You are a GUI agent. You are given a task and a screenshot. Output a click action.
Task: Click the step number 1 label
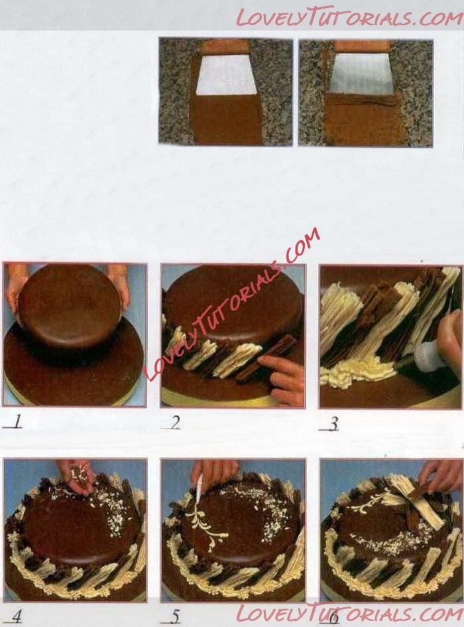coord(15,422)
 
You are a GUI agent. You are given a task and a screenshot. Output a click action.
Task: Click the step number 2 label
coord(174,423)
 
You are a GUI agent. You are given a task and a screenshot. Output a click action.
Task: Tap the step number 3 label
coord(333,424)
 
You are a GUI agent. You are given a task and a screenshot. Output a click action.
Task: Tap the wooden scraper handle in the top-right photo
coord(362,46)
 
